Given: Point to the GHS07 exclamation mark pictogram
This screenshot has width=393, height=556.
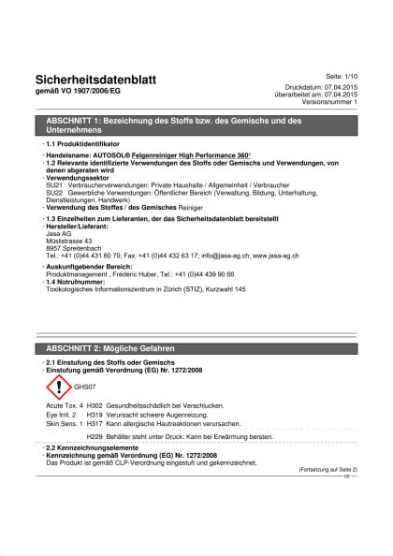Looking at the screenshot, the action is pos(59,387).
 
